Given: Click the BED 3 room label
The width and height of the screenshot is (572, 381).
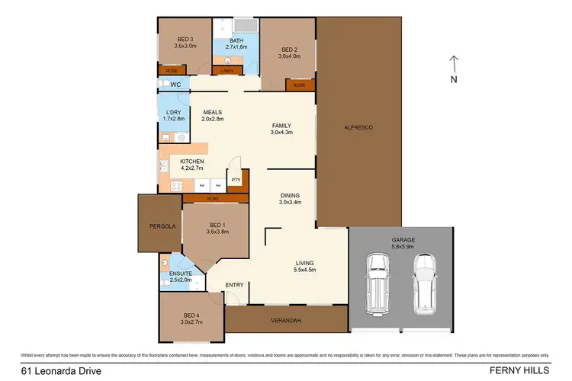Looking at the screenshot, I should (185, 42).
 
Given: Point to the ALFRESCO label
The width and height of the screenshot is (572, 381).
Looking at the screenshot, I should (357, 126).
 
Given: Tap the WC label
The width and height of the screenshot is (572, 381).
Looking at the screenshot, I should (175, 85).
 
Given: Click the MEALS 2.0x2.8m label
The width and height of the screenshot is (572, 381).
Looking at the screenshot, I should (212, 115).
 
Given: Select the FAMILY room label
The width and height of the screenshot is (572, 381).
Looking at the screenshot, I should (281, 130).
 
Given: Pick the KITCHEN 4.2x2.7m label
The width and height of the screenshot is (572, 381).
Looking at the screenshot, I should (191, 165).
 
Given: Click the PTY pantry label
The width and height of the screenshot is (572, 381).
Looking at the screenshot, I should (236, 181).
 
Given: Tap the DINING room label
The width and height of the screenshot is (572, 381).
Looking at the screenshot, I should (291, 198).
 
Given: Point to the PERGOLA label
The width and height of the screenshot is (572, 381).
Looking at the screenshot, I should (163, 226).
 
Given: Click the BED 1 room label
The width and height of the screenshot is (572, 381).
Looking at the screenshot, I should (217, 229).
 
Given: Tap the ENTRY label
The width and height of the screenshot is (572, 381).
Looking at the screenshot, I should (235, 285).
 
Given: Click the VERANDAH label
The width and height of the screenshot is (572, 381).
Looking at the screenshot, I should (287, 322).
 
